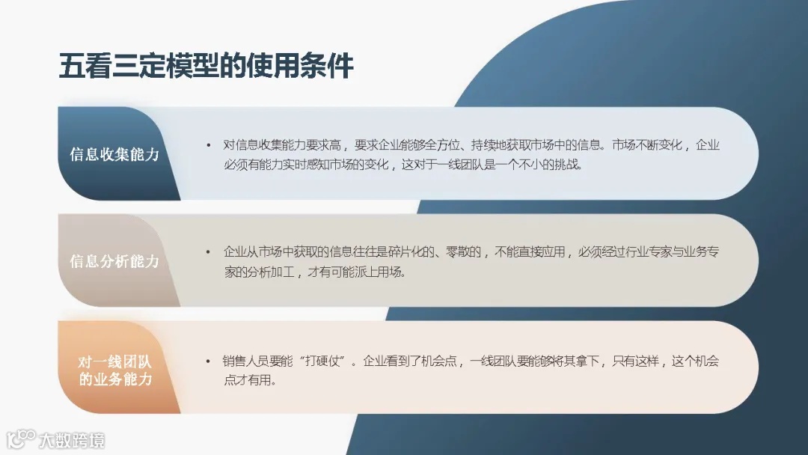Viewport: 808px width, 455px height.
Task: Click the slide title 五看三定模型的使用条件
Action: (x=206, y=67)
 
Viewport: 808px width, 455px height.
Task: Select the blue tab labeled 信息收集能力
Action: (x=114, y=155)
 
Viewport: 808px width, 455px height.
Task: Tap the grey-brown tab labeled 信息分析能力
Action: (x=114, y=261)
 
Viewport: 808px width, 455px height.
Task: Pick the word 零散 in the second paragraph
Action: (x=465, y=252)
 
